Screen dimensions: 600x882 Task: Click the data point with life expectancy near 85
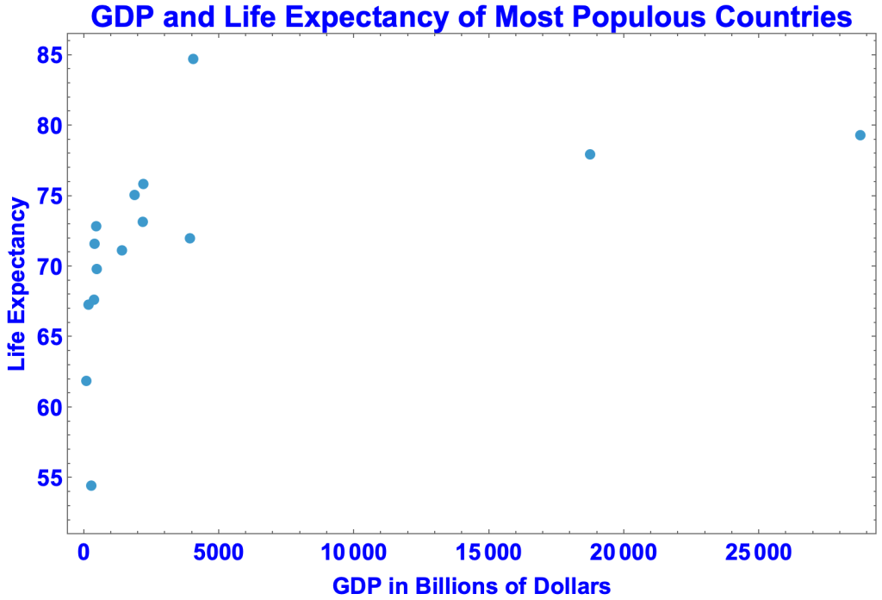pos(193,59)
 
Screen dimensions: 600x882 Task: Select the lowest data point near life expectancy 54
pos(91,485)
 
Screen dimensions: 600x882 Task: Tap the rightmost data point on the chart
pos(860,135)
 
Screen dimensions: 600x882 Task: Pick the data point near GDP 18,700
pos(590,154)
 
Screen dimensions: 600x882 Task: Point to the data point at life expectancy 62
pos(86,381)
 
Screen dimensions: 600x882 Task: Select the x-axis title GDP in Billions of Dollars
pos(471,585)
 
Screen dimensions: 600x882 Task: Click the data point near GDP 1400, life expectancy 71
pos(121,251)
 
